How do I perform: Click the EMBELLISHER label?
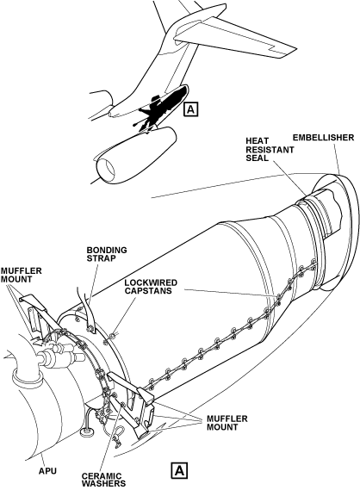tap(323, 138)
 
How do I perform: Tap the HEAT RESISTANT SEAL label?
tap(270, 150)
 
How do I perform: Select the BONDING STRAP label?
tap(107, 254)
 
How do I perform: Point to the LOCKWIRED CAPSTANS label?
tap(151, 287)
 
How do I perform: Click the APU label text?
tap(48, 471)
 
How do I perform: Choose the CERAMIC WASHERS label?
tap(103, 480)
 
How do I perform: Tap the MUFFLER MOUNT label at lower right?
tap(227, 423)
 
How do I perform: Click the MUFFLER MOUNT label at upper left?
tap(21, 275)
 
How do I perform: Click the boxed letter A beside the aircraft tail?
tap(191, 109)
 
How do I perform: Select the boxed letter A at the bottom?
tap(179, 471)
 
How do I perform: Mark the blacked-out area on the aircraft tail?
tap(163, 106)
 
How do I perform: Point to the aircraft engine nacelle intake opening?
tap(106, 169)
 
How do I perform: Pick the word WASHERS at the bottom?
tap(103, 484)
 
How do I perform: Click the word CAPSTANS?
tap(148, 290)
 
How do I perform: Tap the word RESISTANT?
tap(270, 150)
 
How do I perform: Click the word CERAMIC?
tap(102, 476)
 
